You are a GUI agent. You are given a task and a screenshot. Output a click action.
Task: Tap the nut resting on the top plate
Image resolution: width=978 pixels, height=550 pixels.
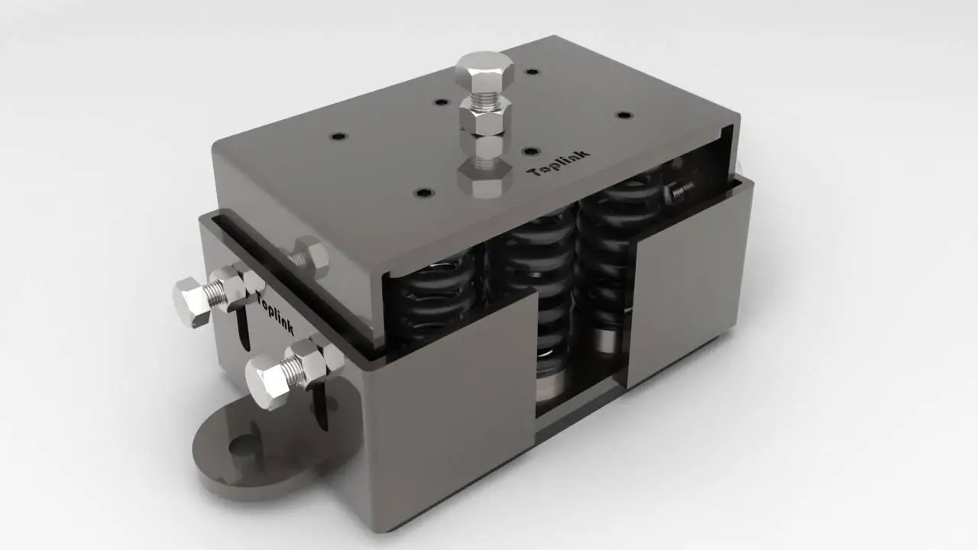(x=485, y=176)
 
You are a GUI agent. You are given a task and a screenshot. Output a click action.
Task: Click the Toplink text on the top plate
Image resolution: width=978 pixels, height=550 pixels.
(x=559, y=163)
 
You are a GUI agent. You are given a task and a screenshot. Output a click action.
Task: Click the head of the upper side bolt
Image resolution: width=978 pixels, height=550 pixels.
(x=191, y=301)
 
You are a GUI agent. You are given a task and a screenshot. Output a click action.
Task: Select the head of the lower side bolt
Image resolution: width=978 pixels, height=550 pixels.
(x=265, y=380)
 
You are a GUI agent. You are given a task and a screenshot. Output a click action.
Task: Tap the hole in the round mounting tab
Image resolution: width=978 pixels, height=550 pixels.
(x=241, y=446)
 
